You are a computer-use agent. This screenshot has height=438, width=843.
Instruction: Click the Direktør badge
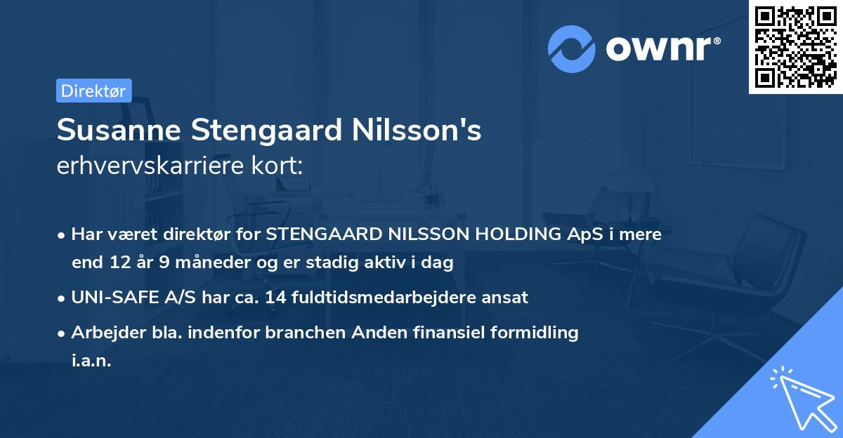coord(93,91)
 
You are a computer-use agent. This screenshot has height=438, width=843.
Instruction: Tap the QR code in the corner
coord(795,46)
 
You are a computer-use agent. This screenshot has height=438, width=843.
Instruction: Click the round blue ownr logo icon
coord(572,49)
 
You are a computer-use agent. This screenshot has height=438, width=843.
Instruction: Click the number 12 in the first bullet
coord(117,263)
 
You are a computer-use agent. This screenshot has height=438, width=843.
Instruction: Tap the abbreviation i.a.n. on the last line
coord(91,361)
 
